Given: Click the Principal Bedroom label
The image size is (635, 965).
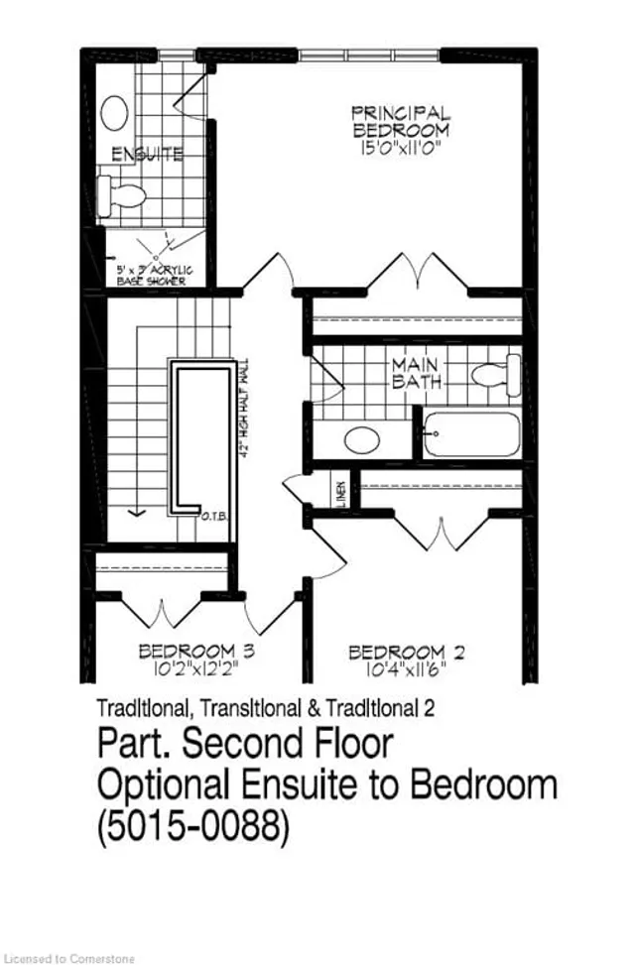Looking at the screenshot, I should coord(401,121).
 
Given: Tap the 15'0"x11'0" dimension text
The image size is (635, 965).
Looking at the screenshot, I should coord(401,149).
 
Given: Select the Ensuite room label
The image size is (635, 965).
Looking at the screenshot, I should coord(146,155).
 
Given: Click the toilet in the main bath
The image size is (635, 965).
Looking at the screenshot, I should coord(497,375).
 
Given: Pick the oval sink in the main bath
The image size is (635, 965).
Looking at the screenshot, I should coord(363,438).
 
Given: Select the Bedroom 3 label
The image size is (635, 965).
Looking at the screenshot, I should coord(197,652).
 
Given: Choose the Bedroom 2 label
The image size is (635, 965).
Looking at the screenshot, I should coord(407,652).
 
